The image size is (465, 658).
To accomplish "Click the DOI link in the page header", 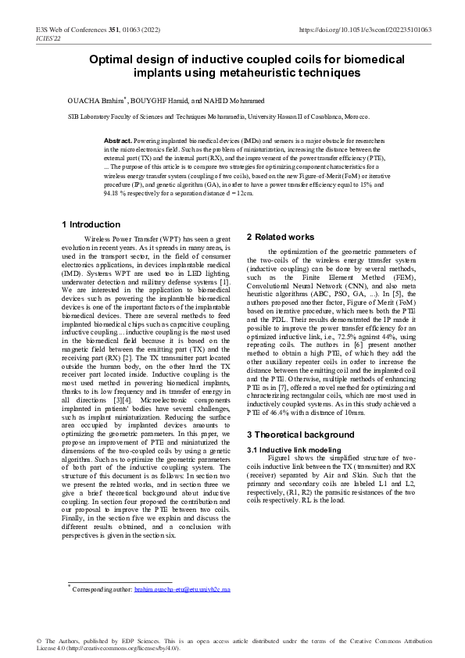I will pos(366,30).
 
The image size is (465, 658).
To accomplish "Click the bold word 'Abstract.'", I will pos(119,139).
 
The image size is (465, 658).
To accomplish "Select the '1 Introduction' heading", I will pos(91,225).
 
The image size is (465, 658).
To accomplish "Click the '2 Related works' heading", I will pos(281,237).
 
